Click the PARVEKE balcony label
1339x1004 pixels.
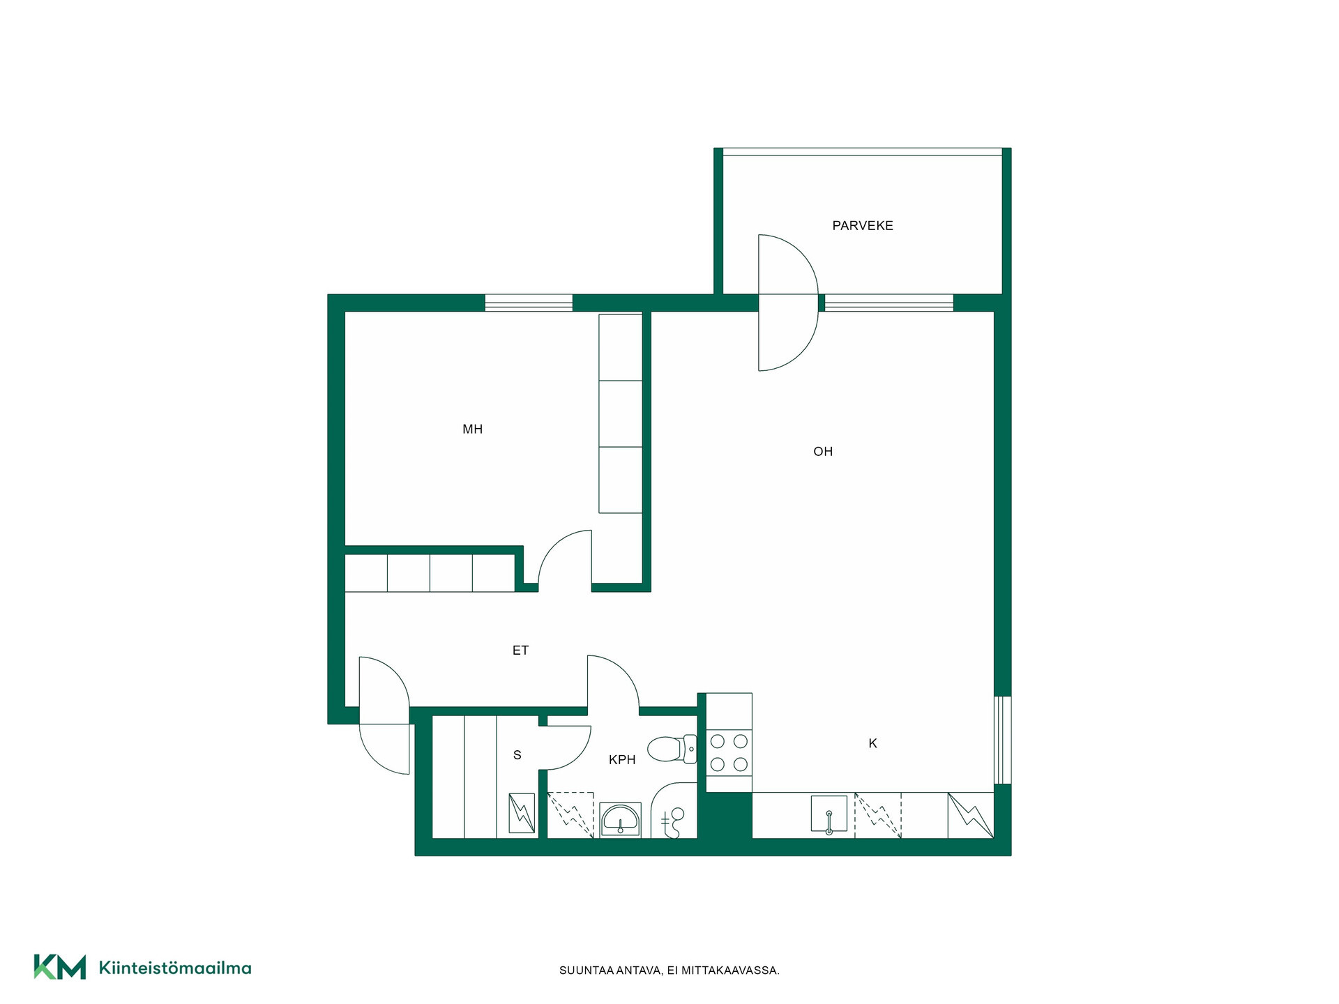(x=863, y=225)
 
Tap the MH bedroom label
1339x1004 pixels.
(x=472, y=429)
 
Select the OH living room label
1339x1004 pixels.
(x=823, y=451)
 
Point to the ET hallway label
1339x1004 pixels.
(x=520, y=650)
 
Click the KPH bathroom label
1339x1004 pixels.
(x=622, y=759)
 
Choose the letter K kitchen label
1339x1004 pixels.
(x=872, y=743)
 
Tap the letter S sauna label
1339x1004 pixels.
(x=517, y=754)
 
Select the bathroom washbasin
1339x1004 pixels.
(x=620, y=819)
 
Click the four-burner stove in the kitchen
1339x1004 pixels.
(x=729, y=753)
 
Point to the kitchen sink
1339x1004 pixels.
(x=829, y=814)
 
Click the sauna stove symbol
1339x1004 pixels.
(x=522, y=813)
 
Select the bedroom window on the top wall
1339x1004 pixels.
(x=529, y=303)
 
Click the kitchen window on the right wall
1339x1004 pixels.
(x=1002, y=740)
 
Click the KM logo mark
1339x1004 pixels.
(x=60, y=967)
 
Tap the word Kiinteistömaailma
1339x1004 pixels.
(x=175, y=968)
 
